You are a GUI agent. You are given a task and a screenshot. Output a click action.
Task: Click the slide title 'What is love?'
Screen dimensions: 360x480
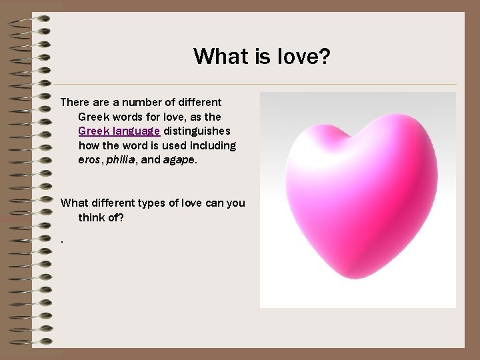tap(261, 56)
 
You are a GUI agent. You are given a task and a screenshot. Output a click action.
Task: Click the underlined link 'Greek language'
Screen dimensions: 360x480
tap(119, 131)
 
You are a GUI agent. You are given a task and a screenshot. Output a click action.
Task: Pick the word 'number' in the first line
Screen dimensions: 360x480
tap(139, 103)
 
